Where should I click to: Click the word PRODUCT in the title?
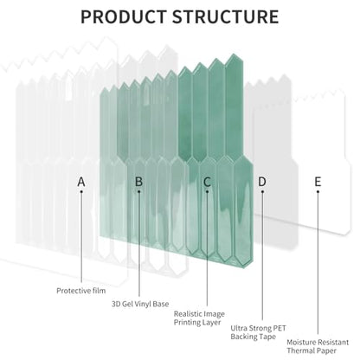[124, 16]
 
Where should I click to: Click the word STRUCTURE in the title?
[226, 16]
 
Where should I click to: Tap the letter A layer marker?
[81, 182]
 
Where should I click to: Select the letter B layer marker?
[138, 182]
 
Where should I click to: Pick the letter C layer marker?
[207, 182]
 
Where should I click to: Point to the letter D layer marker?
[262, 182]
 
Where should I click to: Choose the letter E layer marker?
[318, 182]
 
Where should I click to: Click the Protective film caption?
[81, 291]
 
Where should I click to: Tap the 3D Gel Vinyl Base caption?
[140, 304]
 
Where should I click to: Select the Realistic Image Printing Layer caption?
[199, 318]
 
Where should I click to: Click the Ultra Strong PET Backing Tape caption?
[258, 332]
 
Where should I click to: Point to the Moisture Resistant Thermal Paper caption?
[318, 346]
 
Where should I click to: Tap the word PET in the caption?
[280, 328]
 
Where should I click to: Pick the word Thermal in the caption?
[299, 350]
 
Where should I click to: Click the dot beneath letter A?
[81, 191]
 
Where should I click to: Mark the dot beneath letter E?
[318, 191]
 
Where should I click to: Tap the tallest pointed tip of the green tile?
[234, 55]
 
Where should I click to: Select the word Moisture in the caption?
[299, 343]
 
